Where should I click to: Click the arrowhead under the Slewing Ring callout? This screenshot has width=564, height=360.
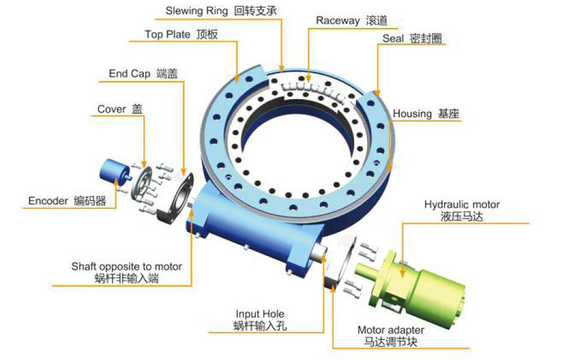281,68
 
